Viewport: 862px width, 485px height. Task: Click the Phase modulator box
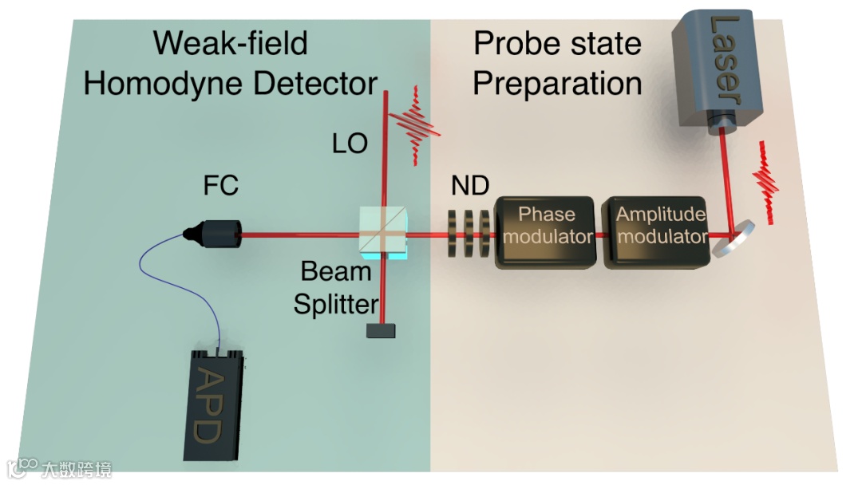(547, 232)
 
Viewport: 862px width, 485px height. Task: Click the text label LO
(350, 143)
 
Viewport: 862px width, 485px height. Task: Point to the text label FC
(221, 186)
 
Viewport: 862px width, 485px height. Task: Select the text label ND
(469, 185)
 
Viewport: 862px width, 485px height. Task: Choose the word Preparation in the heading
(557, 83)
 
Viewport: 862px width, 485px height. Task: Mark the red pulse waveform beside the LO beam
(415, 125)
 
